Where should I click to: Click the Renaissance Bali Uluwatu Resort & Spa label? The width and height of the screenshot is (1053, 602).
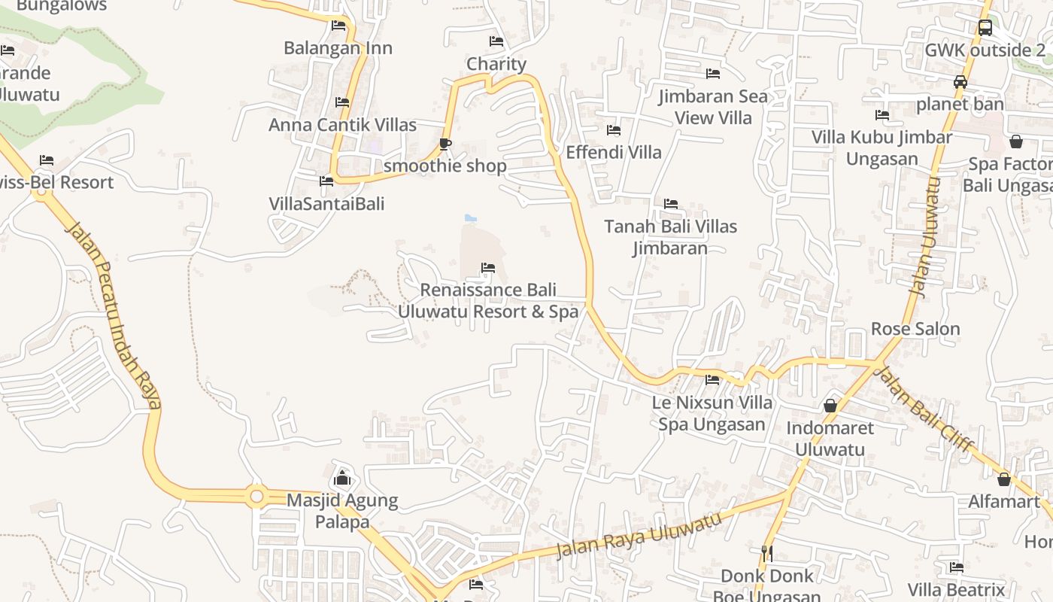click(x=488, y=300)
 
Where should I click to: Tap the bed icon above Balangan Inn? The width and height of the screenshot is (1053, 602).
click(x=338, y=25)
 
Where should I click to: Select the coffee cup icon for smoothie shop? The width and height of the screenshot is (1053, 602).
click(x=445, y=144)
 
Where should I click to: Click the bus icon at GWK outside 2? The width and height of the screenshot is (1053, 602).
click(x=985, y=28)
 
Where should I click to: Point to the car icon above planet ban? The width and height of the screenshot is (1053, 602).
click(x=960, y=82)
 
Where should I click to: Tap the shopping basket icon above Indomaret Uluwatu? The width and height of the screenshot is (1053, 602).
click(x=830, y=406)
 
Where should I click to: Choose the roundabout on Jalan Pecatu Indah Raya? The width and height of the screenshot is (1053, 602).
click(x=256, y=497)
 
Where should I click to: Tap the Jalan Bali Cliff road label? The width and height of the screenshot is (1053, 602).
click(x=925, y=409)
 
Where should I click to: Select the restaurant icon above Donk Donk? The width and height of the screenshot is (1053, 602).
click(x=767, y=554)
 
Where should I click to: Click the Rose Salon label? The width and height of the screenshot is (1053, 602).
click(x=915, y=329)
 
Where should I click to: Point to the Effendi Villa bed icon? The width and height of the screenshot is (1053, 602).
click(x=614, y=130)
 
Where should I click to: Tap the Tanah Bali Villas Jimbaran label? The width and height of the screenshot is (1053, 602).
click(x=670, y=237)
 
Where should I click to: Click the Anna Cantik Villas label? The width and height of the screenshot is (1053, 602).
click(x=342, y=125)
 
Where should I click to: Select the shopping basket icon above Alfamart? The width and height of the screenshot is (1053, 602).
click(x=1004, y=479)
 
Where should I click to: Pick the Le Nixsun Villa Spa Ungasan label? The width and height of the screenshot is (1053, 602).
click(x=712, y=413)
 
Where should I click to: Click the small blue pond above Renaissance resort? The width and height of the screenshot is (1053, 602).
click(x=471, y=218)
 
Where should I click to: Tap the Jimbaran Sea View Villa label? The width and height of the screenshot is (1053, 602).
click(x=713, y=107)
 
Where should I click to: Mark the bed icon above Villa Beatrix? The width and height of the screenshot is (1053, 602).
click(x=957, y=567)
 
